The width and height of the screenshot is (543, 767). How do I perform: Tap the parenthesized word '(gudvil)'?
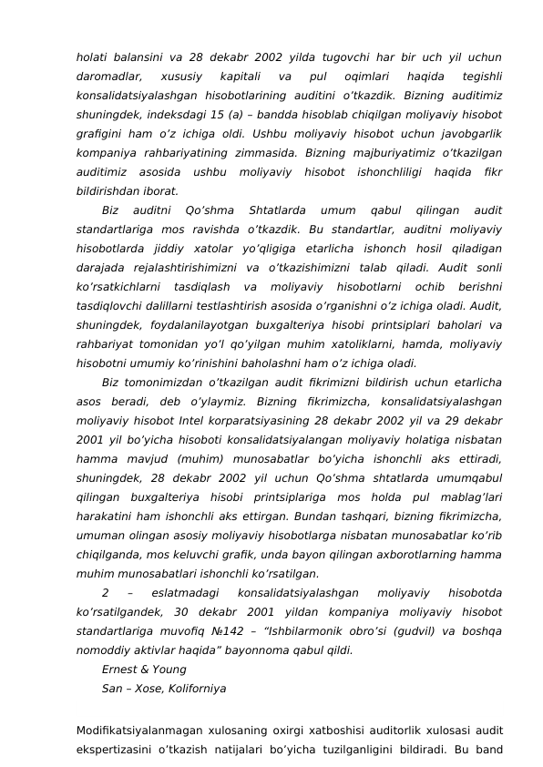point(414,631)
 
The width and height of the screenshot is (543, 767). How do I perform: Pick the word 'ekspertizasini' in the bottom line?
point(116,750)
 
